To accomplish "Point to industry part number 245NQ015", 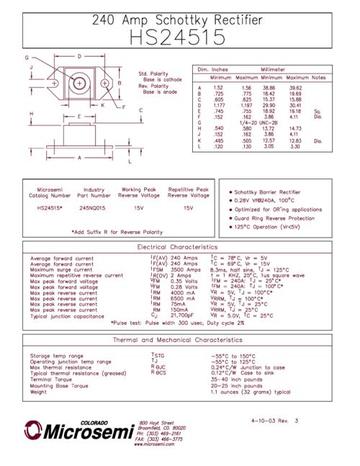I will point(94,207).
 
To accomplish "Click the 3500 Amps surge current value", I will point(184,269).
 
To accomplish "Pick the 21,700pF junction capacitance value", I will point(184,315).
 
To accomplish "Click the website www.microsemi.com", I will point(155,444).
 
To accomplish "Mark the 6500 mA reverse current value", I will point(184,298).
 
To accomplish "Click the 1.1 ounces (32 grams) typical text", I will point(250,393).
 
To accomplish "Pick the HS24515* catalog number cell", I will point(50,207).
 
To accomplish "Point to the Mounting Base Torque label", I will point(60,386).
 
